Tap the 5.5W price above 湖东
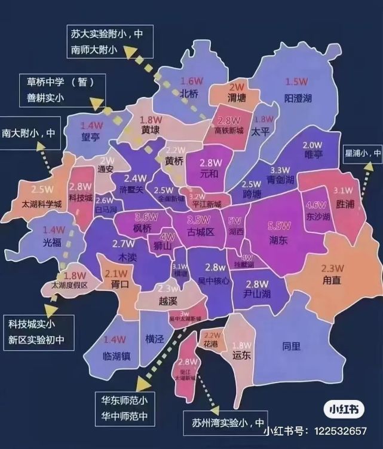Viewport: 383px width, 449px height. point(279,226)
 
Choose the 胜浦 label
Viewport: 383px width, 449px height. point(346,204)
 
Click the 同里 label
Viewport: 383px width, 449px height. point(292,345)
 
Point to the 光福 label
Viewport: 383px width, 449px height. point(53,243)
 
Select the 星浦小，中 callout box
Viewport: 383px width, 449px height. point(361,153)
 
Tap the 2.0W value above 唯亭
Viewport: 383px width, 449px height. point(312,145)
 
